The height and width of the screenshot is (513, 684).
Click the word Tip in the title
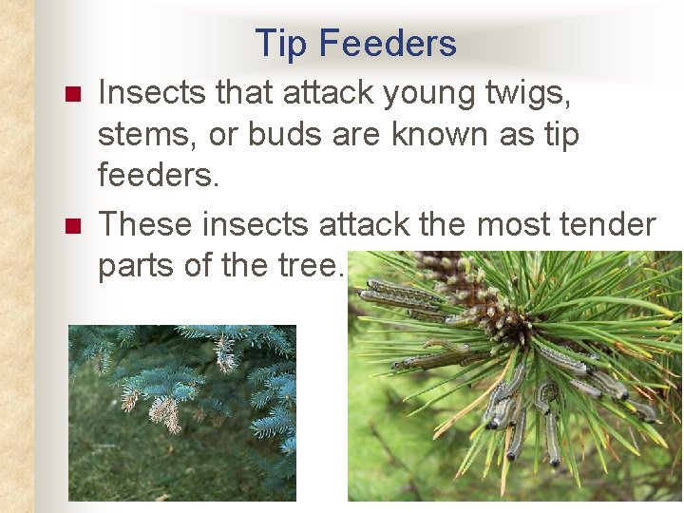pos(281,44)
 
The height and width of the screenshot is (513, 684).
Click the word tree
pos(311,267)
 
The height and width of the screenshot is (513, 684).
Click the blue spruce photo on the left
pos(181,412)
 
